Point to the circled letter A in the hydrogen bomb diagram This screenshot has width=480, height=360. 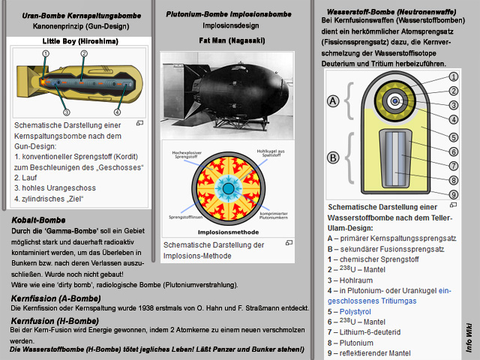(x=333, y=100)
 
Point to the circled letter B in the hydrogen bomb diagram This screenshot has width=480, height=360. (x=333, y=157)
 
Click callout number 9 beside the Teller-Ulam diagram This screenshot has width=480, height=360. (x=454, y=193)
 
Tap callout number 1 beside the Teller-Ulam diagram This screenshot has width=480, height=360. (x=454, y=77)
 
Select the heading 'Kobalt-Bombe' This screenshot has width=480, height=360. (x=38, y=220)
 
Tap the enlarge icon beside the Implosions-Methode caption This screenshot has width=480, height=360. (x=289, y=244)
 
